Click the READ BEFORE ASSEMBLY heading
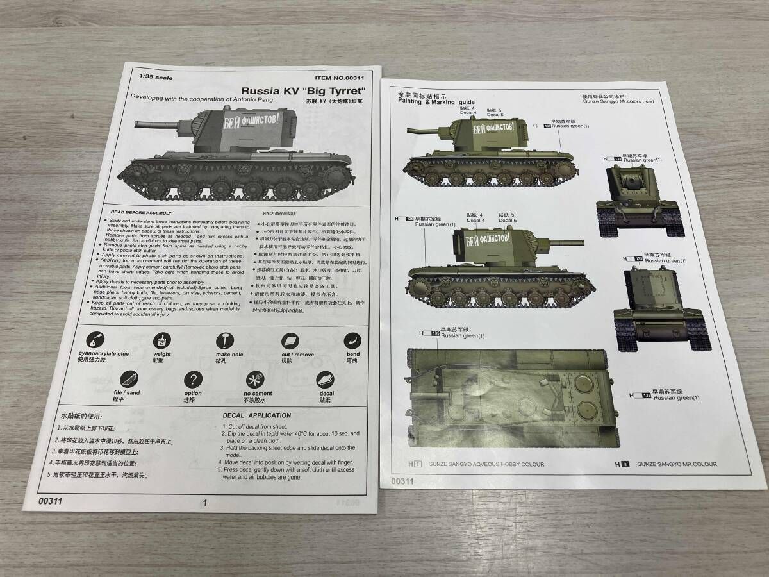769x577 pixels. point(142,212)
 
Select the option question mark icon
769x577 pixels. point(193,380)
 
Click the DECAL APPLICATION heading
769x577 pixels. point(256,415)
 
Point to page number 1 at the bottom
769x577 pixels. point(204,503)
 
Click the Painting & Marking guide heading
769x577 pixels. point(436,101)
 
